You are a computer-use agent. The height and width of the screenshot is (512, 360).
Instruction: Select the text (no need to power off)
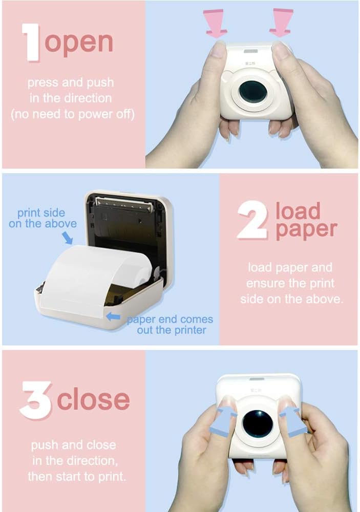pyautogui.click(x=73, y=114)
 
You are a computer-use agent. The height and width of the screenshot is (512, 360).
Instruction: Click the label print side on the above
pyautogui.click(x=43, y=218)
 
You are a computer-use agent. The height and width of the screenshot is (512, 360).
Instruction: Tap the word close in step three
pyautogui.click(x=93, y=400)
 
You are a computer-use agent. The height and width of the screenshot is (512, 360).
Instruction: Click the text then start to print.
pyautogui.click(x=77, y=477)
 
